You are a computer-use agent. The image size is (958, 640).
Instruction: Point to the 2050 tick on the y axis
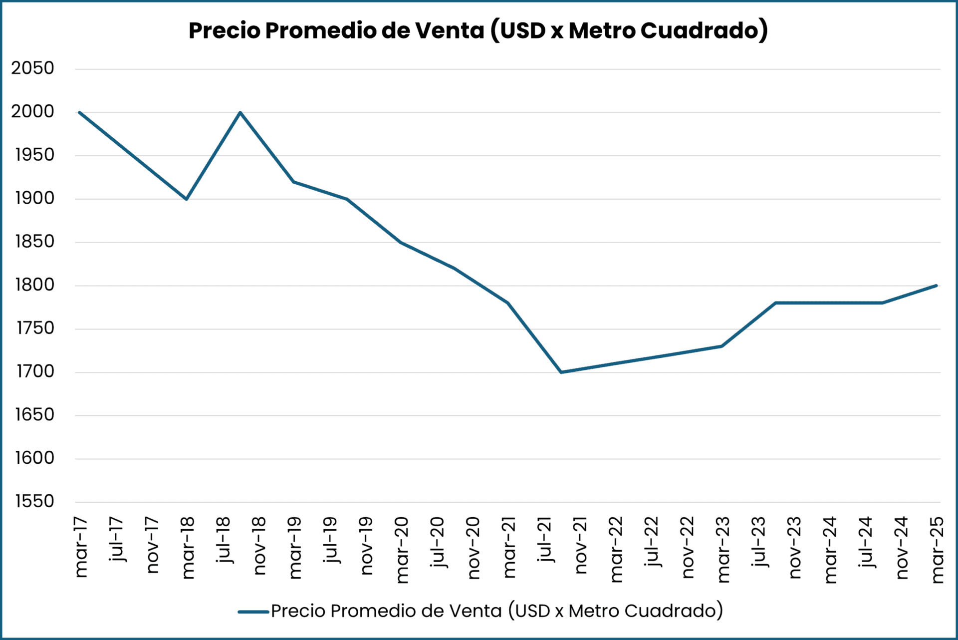(x=32, y=68)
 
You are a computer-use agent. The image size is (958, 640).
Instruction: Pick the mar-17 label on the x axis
(x=81, y=548)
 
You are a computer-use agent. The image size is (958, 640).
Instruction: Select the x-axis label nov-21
(x=581, y=546)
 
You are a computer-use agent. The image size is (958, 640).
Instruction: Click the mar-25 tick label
(x=938, y=549)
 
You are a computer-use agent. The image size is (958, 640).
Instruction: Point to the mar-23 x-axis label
(x=723, y=549)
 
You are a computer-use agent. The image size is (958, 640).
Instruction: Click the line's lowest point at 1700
(x=561, y=372)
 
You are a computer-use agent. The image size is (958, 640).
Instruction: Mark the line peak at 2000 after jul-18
(x=240, y=112)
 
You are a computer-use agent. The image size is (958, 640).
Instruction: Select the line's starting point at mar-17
(x=80, y=112)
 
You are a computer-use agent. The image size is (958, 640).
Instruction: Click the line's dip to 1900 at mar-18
(x=187, y=199)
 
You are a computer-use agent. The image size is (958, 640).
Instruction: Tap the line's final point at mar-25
(x=936, y=286)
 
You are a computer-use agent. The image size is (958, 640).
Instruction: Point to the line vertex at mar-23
(x=721, y=346)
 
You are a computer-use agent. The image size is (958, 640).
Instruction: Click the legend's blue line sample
(x=253, y=612)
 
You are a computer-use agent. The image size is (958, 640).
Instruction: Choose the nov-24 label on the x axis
(x=902, y=548)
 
